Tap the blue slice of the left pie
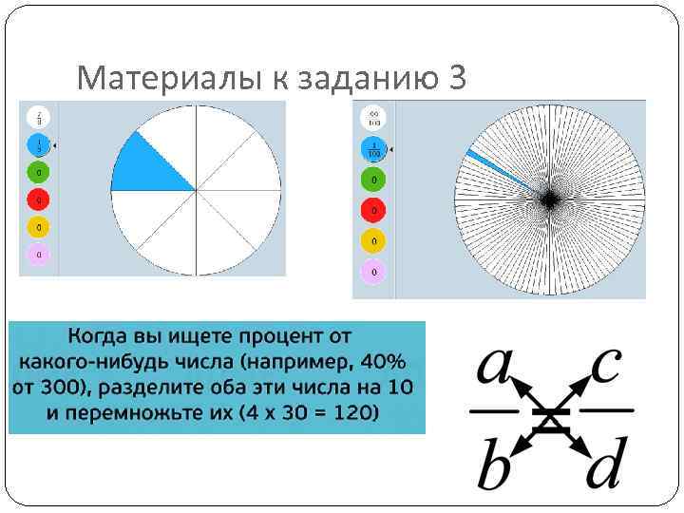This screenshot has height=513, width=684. coord(148,163)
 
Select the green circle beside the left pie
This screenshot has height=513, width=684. coord(39,173)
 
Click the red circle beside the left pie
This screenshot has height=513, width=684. coord(39,200)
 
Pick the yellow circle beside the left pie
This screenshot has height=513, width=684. coord(39,227)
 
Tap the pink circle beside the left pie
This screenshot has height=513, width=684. coord(39,255)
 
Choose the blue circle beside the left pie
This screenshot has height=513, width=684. coord(39,145)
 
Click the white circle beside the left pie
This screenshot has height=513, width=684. coord(39,118)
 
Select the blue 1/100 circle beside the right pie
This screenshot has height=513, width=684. coord(374,148)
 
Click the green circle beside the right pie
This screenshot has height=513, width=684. coord(374,180)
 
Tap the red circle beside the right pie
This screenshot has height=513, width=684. coord(374,210)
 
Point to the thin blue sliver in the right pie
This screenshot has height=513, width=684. coord(494,168)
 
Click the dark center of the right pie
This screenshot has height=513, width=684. coord(549,199)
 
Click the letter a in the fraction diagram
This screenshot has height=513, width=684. coord(495,366)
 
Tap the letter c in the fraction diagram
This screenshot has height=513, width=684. coord(604,366)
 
